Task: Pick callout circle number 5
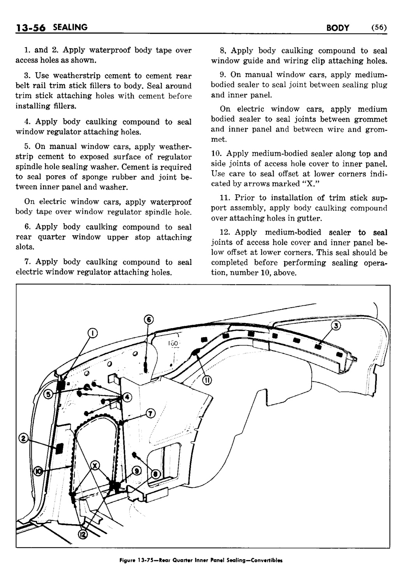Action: [x=48, y=395]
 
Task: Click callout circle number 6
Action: [x=148, y=320]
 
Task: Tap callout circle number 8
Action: [x=155, y=473]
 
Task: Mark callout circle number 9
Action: [x=136, y=471]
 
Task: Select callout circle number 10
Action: [x=39, y=471]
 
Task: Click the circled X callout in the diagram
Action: [x=95, y=465]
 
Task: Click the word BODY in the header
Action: [x=337, y=28]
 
